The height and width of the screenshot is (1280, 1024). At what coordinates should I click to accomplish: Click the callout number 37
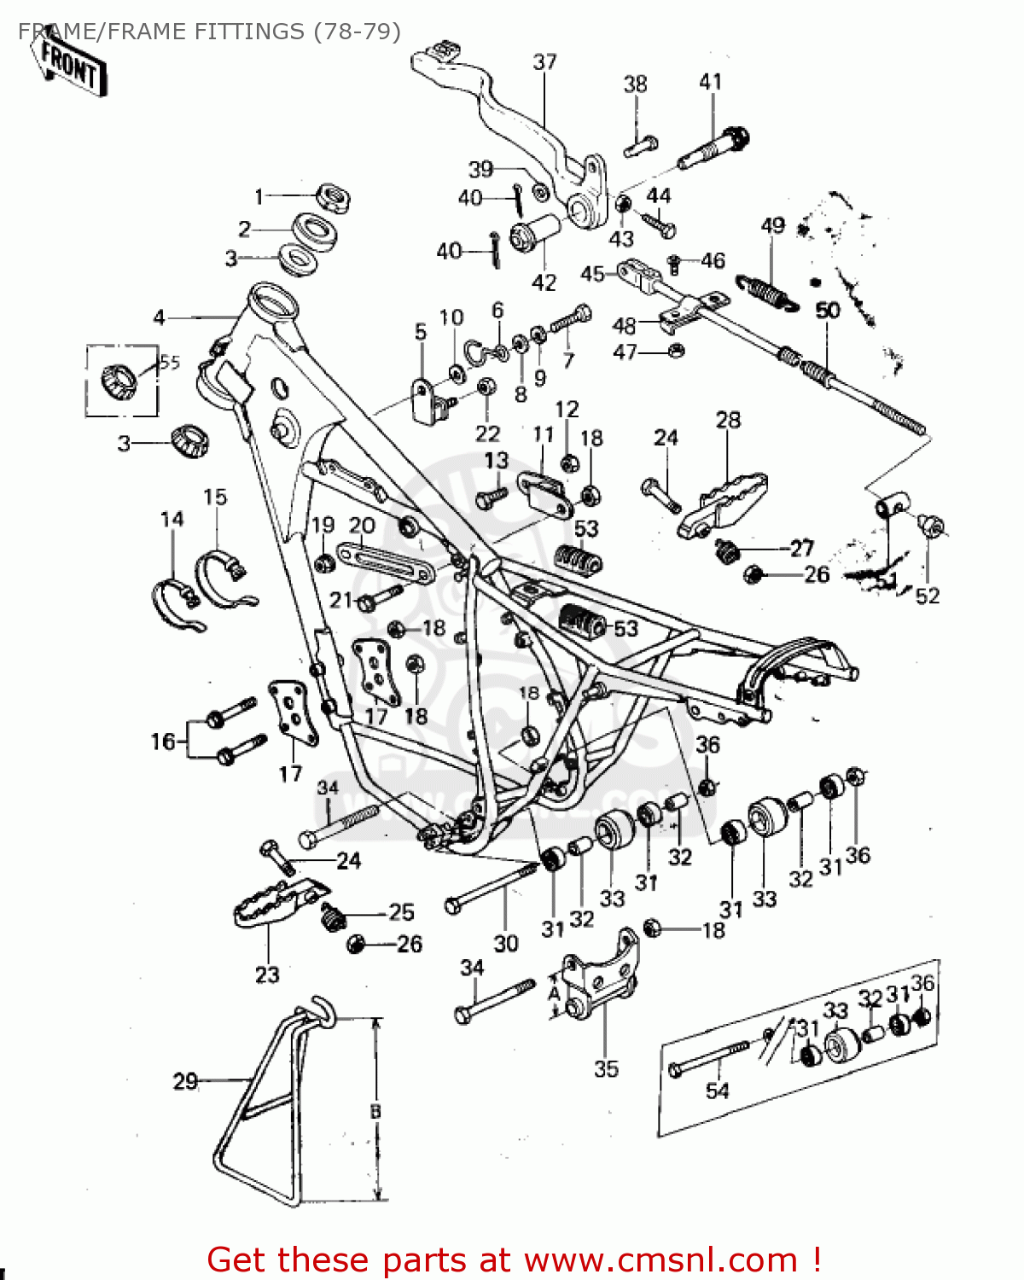pos(544,62)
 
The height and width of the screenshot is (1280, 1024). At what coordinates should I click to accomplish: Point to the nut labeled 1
pos(334,198)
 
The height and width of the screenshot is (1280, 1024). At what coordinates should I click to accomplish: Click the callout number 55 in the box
pos(170,363)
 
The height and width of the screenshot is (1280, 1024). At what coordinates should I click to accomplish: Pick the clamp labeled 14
pos(177,602)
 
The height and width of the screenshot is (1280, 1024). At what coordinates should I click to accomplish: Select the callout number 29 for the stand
pos(185,1081)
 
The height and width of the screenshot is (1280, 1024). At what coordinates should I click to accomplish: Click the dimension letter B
pos(375,1112)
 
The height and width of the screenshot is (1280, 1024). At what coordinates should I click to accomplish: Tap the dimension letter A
pos(554,994)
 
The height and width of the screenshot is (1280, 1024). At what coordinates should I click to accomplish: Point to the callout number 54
pos(717,1091)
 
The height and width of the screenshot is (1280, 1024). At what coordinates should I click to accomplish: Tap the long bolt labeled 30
pos(491,887)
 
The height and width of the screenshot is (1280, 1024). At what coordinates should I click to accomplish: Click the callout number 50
pos(828,311)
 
